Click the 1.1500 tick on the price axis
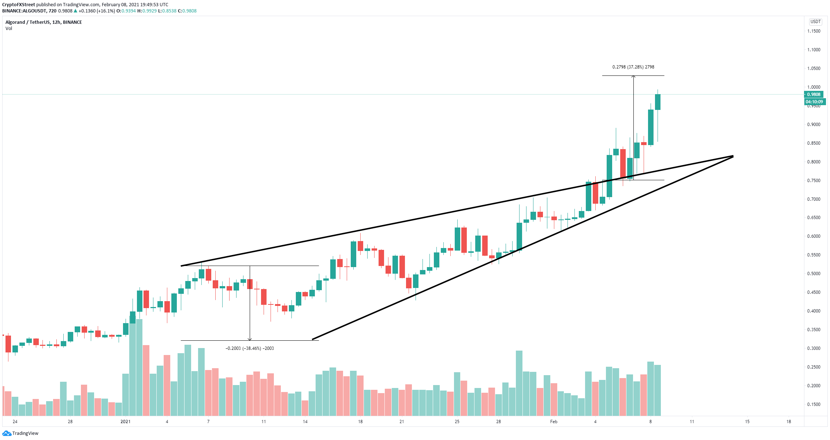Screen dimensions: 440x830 (814, 31)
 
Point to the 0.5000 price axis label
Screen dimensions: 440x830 (814, 274)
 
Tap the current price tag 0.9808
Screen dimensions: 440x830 (814, 95)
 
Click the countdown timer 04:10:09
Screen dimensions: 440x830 (814, 102)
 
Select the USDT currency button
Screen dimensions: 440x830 (815, 22)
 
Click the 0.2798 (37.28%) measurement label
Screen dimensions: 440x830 (633, 67)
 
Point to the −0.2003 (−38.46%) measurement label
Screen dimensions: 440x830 (250, 348)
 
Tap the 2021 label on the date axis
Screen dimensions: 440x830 (126, 422)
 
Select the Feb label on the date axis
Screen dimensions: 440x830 (554, 422)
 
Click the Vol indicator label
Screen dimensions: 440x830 (9, 29)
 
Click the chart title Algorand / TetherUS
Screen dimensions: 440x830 (28, 22)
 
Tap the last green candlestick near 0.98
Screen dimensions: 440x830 (658, 102)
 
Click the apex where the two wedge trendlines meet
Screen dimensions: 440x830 (733, 156)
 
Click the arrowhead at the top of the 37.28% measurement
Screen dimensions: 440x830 (633, 77)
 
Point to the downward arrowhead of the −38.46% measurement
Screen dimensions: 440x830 (250, 339)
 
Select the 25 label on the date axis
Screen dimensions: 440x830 (457, 422)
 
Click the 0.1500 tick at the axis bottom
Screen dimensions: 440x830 (814, 404)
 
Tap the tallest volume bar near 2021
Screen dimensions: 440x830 (139, 366)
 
